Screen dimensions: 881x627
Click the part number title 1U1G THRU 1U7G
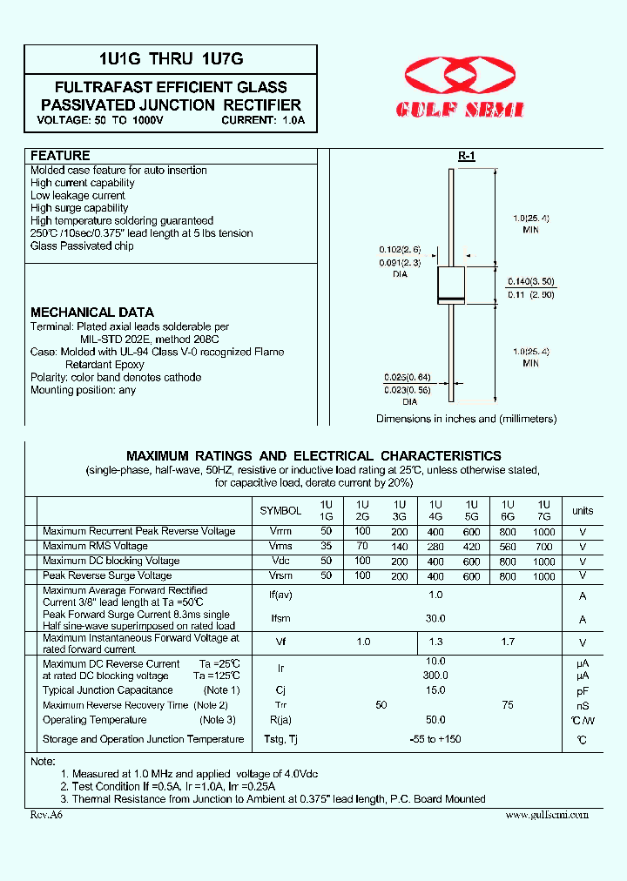171,59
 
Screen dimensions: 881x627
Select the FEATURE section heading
60,156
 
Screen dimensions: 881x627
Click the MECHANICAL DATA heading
92,312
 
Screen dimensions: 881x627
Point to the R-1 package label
467,156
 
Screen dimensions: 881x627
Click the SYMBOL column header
280,510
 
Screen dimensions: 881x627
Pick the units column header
583,510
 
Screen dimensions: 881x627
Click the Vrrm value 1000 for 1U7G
543,531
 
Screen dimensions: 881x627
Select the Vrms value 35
327,546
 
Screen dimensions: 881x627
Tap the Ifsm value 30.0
435,618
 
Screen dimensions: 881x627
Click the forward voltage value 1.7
508,642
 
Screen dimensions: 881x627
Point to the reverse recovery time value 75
508,705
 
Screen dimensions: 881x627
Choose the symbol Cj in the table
280,690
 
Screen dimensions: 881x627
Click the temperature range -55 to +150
435,739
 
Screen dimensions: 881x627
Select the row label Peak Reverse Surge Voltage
107,575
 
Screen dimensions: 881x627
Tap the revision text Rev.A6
46,815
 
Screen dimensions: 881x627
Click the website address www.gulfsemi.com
547,815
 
